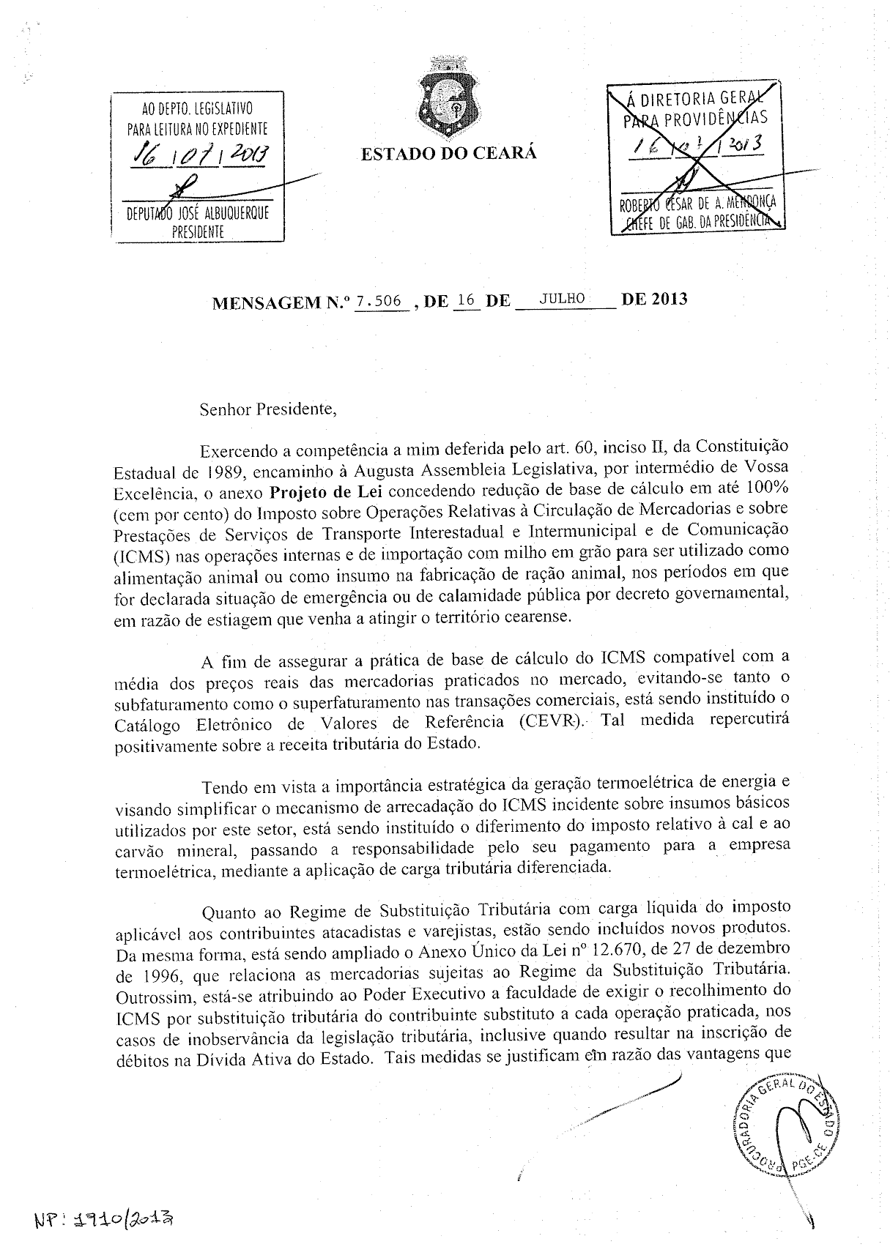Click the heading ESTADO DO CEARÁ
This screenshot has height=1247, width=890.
448,153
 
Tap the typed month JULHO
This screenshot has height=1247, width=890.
562,298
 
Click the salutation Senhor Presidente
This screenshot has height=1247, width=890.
268,409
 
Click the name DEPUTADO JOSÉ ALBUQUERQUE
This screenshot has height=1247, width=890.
198,214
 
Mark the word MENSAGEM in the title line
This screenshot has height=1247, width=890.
266,302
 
